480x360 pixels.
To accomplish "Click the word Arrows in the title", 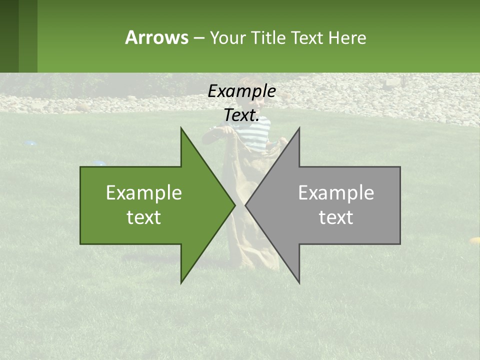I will (156, 37).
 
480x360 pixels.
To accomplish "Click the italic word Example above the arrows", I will (241, 91).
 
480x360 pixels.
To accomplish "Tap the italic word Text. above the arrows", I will (241, 115).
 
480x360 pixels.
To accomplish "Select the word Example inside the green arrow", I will (144, 193).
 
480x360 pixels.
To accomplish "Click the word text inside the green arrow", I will (144, 217).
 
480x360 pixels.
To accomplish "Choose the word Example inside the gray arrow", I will (336, 193).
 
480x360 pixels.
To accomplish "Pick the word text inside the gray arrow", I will (336, 217).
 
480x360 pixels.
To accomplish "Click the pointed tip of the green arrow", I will (234, 205).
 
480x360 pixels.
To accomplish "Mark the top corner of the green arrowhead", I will (181, 128).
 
